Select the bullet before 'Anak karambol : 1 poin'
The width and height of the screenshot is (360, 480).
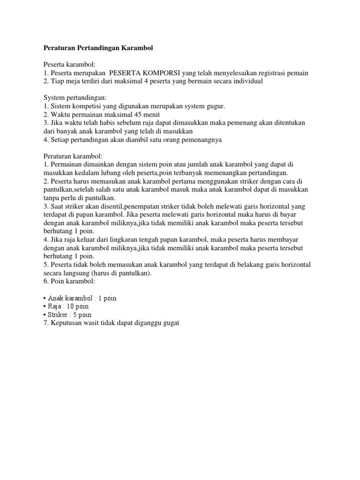(x=45, y=298)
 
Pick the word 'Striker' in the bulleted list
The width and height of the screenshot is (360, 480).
(x=58, y=315)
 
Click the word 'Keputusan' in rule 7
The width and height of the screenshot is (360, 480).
(x=66, y=323)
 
